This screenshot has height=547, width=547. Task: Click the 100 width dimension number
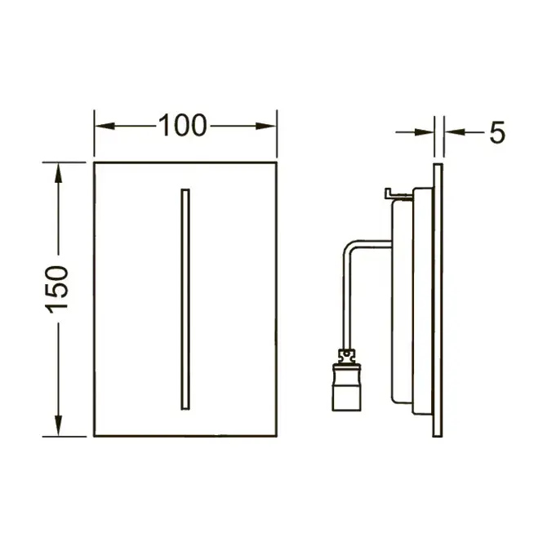click(x=182, y=125)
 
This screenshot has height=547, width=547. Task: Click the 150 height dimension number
click(x=57, y=289)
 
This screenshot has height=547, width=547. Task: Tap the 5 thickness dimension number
click(x=496, y=132)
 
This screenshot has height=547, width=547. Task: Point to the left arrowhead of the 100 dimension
click(x=105, y=126)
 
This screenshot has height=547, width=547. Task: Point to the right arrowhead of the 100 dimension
click(x=266, y=126)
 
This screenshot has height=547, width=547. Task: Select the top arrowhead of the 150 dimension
click(x=58, y=173)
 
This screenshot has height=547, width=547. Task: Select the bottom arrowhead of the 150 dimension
click(x=58, y=425)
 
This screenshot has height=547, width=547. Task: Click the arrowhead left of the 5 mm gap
click(x=425, y=132)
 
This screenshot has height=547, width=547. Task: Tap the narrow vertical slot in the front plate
click(x=185, y=299)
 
